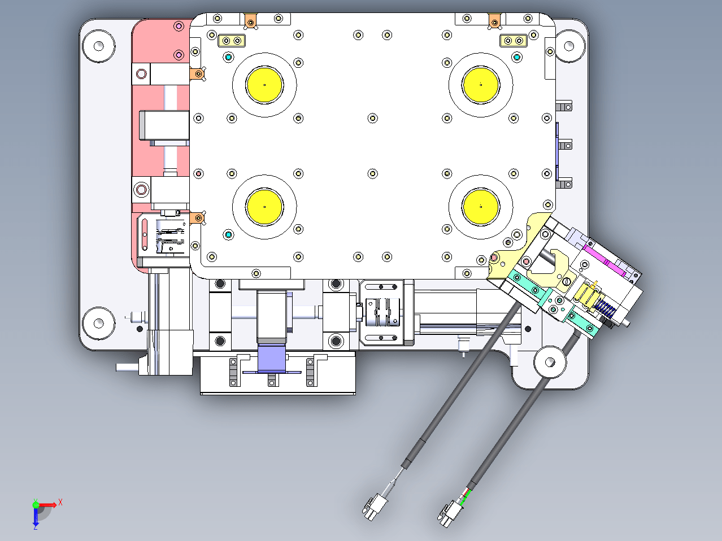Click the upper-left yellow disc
[x=264, y=85]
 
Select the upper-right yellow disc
[x=481, y=85]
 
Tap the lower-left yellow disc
[x=264, y=207]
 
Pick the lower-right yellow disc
[x=481, y=207]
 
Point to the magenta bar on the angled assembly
[x=604, y=261]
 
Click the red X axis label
[x=60, y=502]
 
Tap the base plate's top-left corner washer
[x=99, y=46]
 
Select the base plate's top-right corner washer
[x=569, y=46]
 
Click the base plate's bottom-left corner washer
[x=99, y=324]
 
